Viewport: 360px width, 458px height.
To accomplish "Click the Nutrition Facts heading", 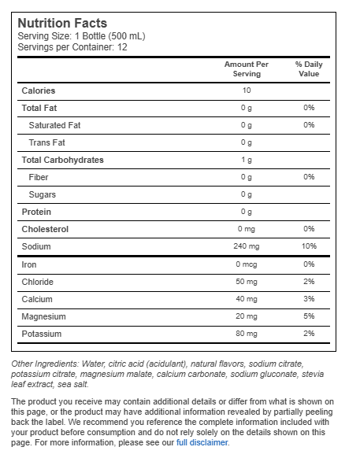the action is click(62, 23).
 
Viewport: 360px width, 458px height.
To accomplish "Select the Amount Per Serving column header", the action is click(247, 68).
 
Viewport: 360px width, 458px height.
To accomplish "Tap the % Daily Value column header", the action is click(309, 68).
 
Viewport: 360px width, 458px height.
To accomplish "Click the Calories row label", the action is click(39, 90).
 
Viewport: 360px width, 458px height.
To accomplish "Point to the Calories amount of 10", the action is click(247, 90).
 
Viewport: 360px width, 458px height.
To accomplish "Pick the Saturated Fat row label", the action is click(54, 125).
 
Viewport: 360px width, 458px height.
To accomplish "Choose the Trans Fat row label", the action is click(46, 142).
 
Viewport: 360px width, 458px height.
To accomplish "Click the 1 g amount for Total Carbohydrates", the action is click(247, 160).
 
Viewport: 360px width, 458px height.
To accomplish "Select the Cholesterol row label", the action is click(46, 229).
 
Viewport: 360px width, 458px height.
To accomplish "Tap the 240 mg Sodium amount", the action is click(247, 246).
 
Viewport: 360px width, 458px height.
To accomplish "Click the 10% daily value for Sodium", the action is click(309, 246).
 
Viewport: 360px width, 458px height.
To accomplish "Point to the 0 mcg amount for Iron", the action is click(247, 264).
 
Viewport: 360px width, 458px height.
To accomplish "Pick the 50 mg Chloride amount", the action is click(247, 282).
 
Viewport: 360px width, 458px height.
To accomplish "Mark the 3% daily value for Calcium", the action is click(309, 299).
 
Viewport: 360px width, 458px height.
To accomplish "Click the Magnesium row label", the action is click(44, 316).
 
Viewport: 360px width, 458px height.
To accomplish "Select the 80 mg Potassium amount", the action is click(247, 334).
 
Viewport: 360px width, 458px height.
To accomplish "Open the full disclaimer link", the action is click(202, 442).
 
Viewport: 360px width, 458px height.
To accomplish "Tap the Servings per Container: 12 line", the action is click(72, 47).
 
